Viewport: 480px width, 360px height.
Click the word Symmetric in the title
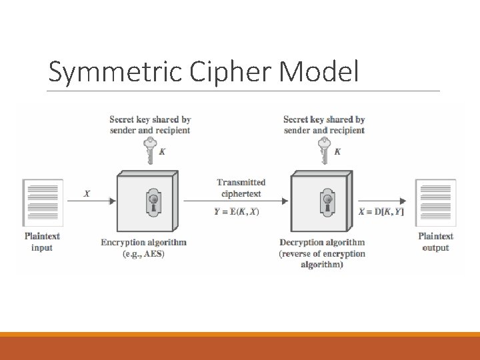tap(104, 72)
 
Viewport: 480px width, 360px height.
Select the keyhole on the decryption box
tap(327, 201)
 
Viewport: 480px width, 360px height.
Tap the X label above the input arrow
tap(87, 194)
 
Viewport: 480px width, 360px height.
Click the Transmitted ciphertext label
tap(241, 187)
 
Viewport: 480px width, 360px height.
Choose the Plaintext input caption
tap(42, 241)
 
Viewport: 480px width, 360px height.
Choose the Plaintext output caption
tap(435, 241)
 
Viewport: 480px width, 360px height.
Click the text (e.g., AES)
tap(143, 254)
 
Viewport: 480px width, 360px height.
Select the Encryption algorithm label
tap(143, 243)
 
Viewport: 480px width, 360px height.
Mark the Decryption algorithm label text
tap(322, 243)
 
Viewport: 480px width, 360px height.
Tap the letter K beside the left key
tap(163, 152)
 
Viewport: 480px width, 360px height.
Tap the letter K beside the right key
tap(337, 152)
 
